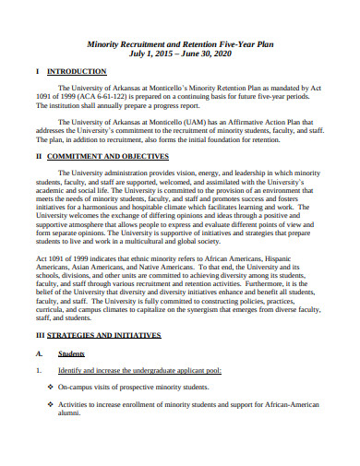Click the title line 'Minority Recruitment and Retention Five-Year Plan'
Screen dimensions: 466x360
tap(179, 42)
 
